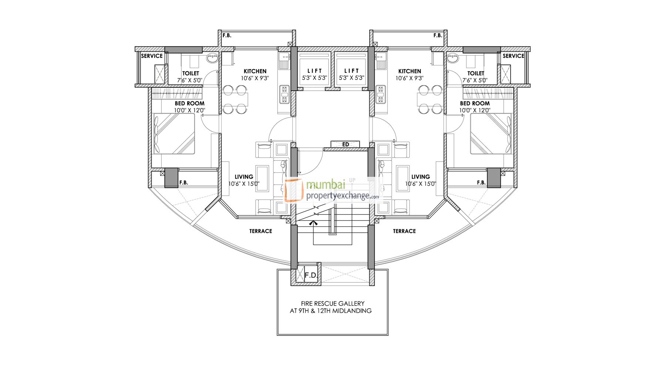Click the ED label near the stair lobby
[x=345, y=144]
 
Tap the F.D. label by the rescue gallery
[x=311, y=276]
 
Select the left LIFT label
[x=314, y=71]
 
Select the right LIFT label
[x=351, y=71]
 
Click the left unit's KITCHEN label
[x=255, y=71]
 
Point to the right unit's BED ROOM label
[x=475, y=103]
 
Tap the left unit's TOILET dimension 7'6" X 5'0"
[x=189, y=80]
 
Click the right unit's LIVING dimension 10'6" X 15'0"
[x=421, y=183]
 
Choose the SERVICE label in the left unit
[x=152, y=56]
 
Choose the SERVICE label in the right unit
[x=513, y=56]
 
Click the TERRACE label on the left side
[x=260, y=231]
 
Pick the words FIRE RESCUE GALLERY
[x=333, y=303]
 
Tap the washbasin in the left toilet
[x=212, y=58]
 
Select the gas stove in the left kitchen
[x=284, y=94]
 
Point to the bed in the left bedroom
[x=174, y=134]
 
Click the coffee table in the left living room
[x=262, y=179]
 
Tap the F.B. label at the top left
[x=226, y=36]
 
